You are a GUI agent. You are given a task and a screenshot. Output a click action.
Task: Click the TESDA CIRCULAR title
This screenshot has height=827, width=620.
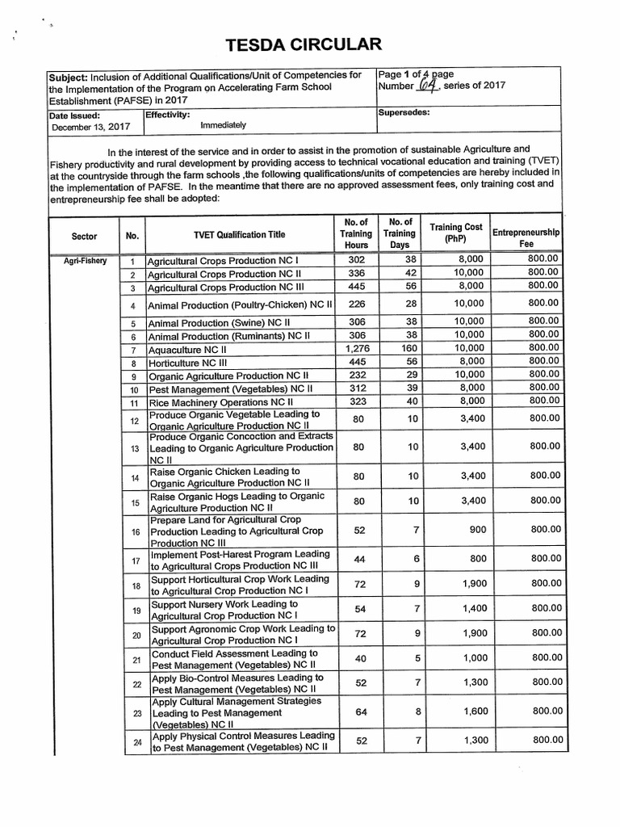pyautogui.click(x=310, y=43)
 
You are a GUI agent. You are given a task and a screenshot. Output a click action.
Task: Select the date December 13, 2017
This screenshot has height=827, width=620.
pyautogui.click(x=90, y=127)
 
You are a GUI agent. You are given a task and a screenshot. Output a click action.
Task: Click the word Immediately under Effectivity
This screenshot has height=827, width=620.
pyautogui.click(x=223, y=126)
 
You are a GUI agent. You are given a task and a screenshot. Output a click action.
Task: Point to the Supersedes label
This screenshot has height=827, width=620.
pyautogui.click(x=404, y=113)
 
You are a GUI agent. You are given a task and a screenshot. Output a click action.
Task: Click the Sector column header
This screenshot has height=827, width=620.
pyautogui.click(x=84, y=236)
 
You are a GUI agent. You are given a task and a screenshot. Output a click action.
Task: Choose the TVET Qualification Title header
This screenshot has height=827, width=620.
pyautogui.click(x=239, y=235)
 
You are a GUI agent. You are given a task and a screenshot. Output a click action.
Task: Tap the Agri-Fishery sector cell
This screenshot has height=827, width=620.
pyautogui.click(x=85, y=262)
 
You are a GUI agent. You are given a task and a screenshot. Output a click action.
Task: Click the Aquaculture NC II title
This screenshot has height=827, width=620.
pyautogui.click(x=187, y=350)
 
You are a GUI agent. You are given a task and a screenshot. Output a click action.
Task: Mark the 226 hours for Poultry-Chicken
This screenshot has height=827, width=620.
pyautogui.click(x=356, y=304)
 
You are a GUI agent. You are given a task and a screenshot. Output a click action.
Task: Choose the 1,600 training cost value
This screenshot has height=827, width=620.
pyautogui.click(x=475, y=711)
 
